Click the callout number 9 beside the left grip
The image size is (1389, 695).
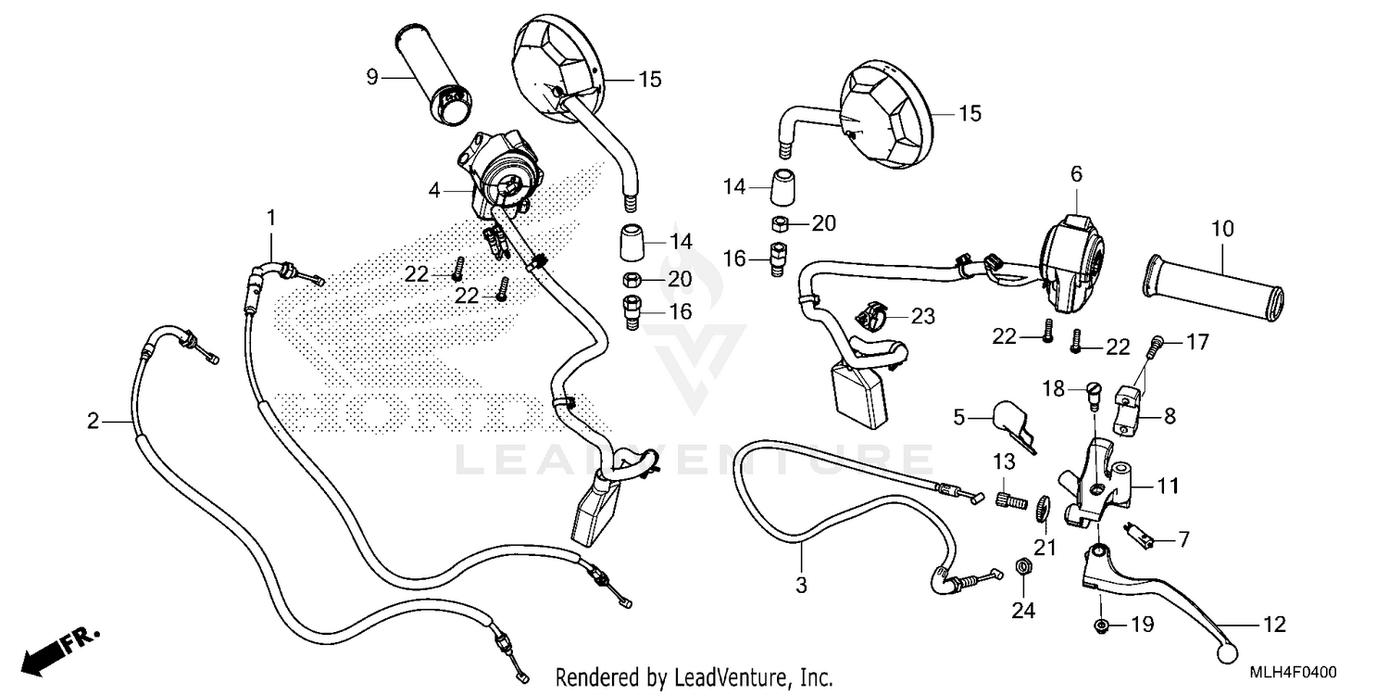(x=371, y=77)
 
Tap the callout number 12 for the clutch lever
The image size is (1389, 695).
(x=1274, y=625)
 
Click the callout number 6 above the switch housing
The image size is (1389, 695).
(x=1076, y=173)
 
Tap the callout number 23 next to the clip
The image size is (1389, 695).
(x=923, y=317)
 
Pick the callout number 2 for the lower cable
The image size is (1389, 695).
(x=93, y=422)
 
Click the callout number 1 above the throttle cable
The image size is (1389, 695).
(x=271, y=217)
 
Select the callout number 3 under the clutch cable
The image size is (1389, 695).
(x=801, y=585)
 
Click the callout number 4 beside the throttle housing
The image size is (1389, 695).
(x=434, y=191)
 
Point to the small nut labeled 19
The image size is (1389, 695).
(x=1101, y=626)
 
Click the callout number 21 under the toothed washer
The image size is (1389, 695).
(x=1045, y=548)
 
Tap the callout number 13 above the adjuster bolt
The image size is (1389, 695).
(x=1005, y=461)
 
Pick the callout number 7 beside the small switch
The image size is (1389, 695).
(x=1183, y=537)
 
